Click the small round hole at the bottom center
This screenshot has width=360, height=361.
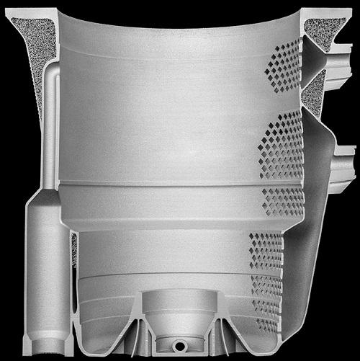point(179,339)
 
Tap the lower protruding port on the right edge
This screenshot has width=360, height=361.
point(344,161)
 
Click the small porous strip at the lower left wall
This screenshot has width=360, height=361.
point(74,249)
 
